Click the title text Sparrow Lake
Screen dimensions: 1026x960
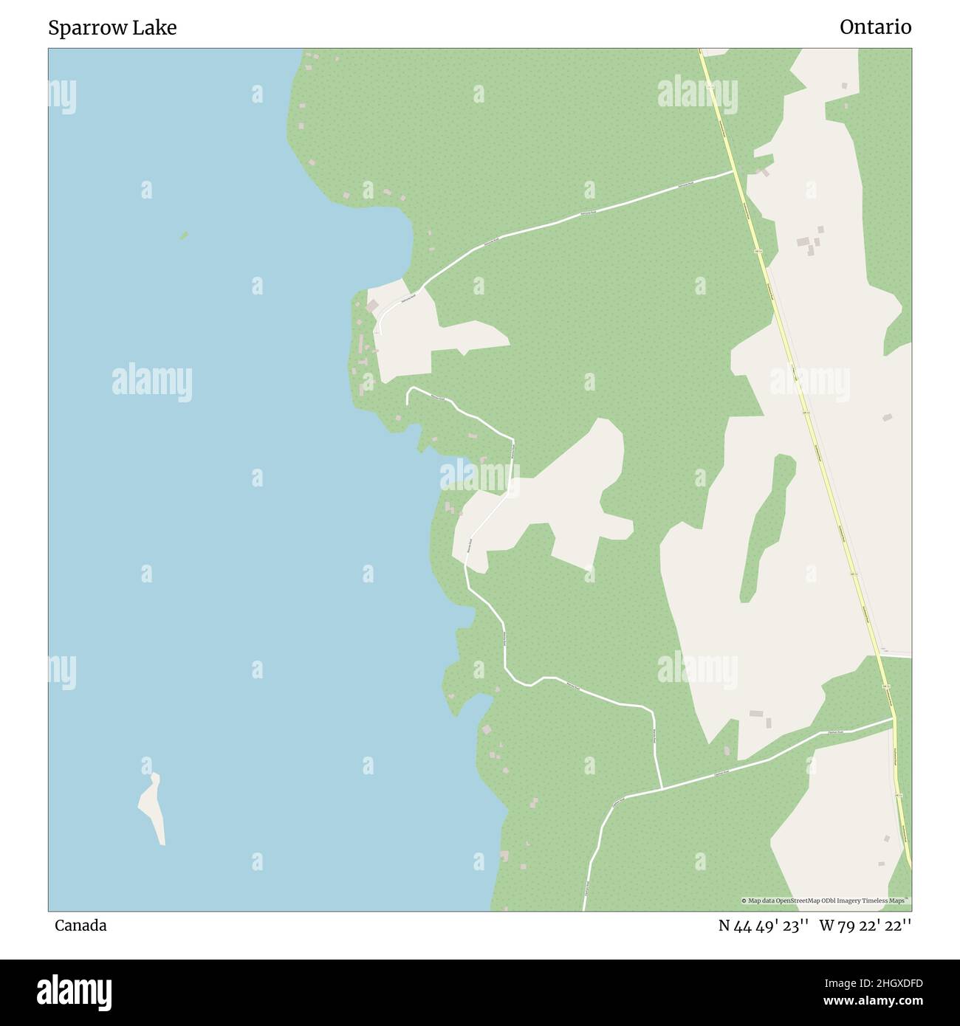point(112,28)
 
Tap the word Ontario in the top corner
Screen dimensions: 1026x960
point(875,27)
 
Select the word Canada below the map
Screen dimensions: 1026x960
point(80,926)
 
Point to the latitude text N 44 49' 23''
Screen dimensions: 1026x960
point(764,926)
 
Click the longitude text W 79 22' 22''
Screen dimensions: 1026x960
point(865,926)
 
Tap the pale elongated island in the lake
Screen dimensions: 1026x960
point(153,808)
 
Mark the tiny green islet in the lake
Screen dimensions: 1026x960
point(184,235)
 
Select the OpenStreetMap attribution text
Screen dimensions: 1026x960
point(826,901)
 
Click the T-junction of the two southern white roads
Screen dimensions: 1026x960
point(661,788)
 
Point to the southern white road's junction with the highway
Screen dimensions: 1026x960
point(894,717)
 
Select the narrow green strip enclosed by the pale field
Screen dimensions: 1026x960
point(768,524)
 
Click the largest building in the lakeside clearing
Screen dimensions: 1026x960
point(373,305)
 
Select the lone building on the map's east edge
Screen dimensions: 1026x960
point(888,417)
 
